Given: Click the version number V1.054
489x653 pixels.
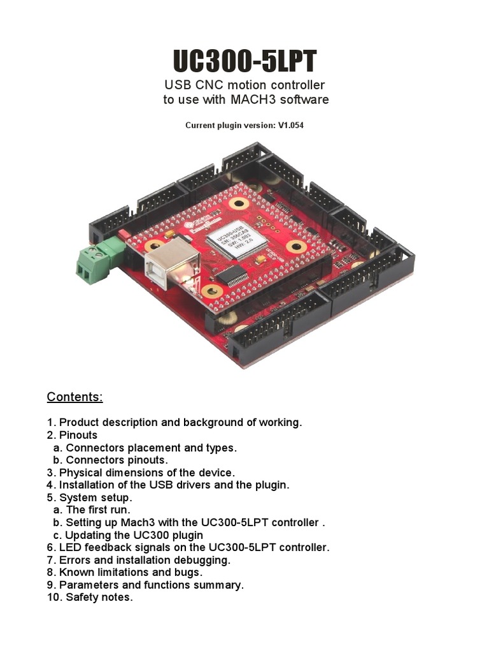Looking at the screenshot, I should point(290,126).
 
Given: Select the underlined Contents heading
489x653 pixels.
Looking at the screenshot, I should point(74,397).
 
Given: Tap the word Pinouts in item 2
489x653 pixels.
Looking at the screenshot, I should point(78,435).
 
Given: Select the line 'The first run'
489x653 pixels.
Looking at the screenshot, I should point(99,510).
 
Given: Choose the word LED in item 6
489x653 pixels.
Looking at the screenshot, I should point(70,547).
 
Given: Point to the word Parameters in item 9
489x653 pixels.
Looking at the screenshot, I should point(88,585).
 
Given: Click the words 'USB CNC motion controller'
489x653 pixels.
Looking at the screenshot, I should point(244,85).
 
